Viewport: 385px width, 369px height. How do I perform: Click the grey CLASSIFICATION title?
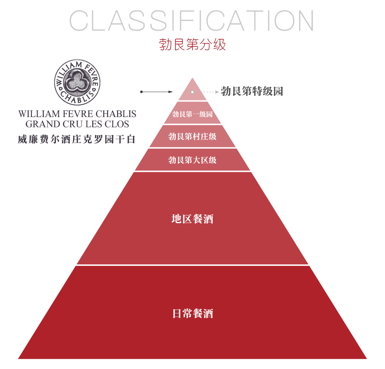[191, 21]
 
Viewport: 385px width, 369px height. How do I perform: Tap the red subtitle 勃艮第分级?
[192, 44]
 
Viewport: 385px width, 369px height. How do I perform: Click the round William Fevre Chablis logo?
[77, 82]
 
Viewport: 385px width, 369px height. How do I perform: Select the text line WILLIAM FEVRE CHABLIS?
[77, 114]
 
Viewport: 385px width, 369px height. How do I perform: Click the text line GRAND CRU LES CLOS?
[77, 124]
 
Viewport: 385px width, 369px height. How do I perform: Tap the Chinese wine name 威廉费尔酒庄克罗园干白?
[77, 140]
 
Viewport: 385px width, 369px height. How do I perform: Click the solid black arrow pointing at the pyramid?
[156, 92]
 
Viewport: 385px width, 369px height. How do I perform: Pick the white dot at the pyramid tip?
[192, 92]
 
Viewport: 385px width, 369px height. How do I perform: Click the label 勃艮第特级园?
[252, 91]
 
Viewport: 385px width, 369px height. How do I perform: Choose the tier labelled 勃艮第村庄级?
[192, 136]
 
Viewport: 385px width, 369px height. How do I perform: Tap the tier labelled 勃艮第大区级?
[192, 160]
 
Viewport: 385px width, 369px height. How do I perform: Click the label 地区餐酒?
[192, 219]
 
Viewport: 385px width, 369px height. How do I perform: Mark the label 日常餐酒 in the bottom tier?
[192, 313]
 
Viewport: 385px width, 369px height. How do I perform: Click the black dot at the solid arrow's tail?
[141, 92]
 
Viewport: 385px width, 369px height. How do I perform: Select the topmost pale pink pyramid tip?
[192, 91]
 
